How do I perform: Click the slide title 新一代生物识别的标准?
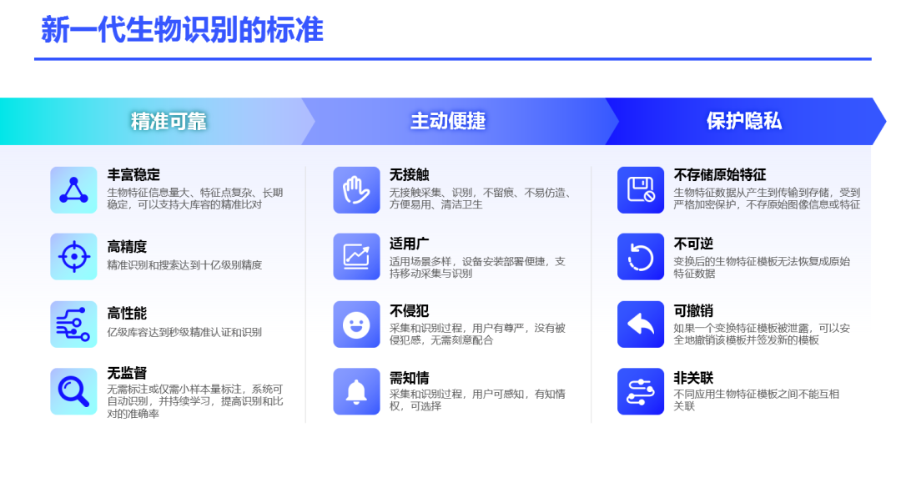(182, 30)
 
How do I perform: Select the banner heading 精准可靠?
(169, 121)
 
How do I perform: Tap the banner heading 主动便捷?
(448, 121)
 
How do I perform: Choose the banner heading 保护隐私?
(744, 121)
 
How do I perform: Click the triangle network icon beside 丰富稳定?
(73, 190)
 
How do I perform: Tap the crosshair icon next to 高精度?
(73, 256)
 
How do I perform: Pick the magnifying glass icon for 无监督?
(73, 391)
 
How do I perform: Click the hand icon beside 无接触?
(356, 190)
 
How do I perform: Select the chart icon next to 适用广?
(356, 256)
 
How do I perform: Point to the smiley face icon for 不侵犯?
(356, 324)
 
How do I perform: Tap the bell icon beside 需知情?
(356, 391)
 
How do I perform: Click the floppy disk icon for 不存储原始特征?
(641, 190)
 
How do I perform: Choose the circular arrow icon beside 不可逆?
(641, 256)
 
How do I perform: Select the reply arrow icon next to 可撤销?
(641, 324)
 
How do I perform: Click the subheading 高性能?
(127, 314)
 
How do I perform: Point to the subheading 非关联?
(693, 378)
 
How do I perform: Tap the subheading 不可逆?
(693, 244)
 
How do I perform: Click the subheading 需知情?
(409, 378)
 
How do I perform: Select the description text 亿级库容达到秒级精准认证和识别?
(184, 332)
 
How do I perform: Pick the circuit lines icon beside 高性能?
(73, 324)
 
